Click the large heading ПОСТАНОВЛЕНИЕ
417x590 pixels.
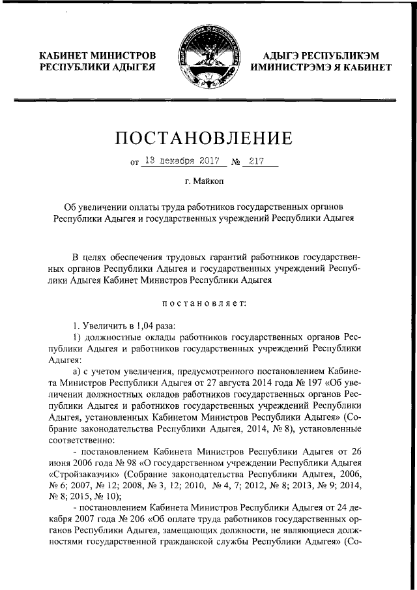tap(207, 138)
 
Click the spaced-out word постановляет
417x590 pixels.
tap(208, 302)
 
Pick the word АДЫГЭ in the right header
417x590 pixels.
tap(285, 55)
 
